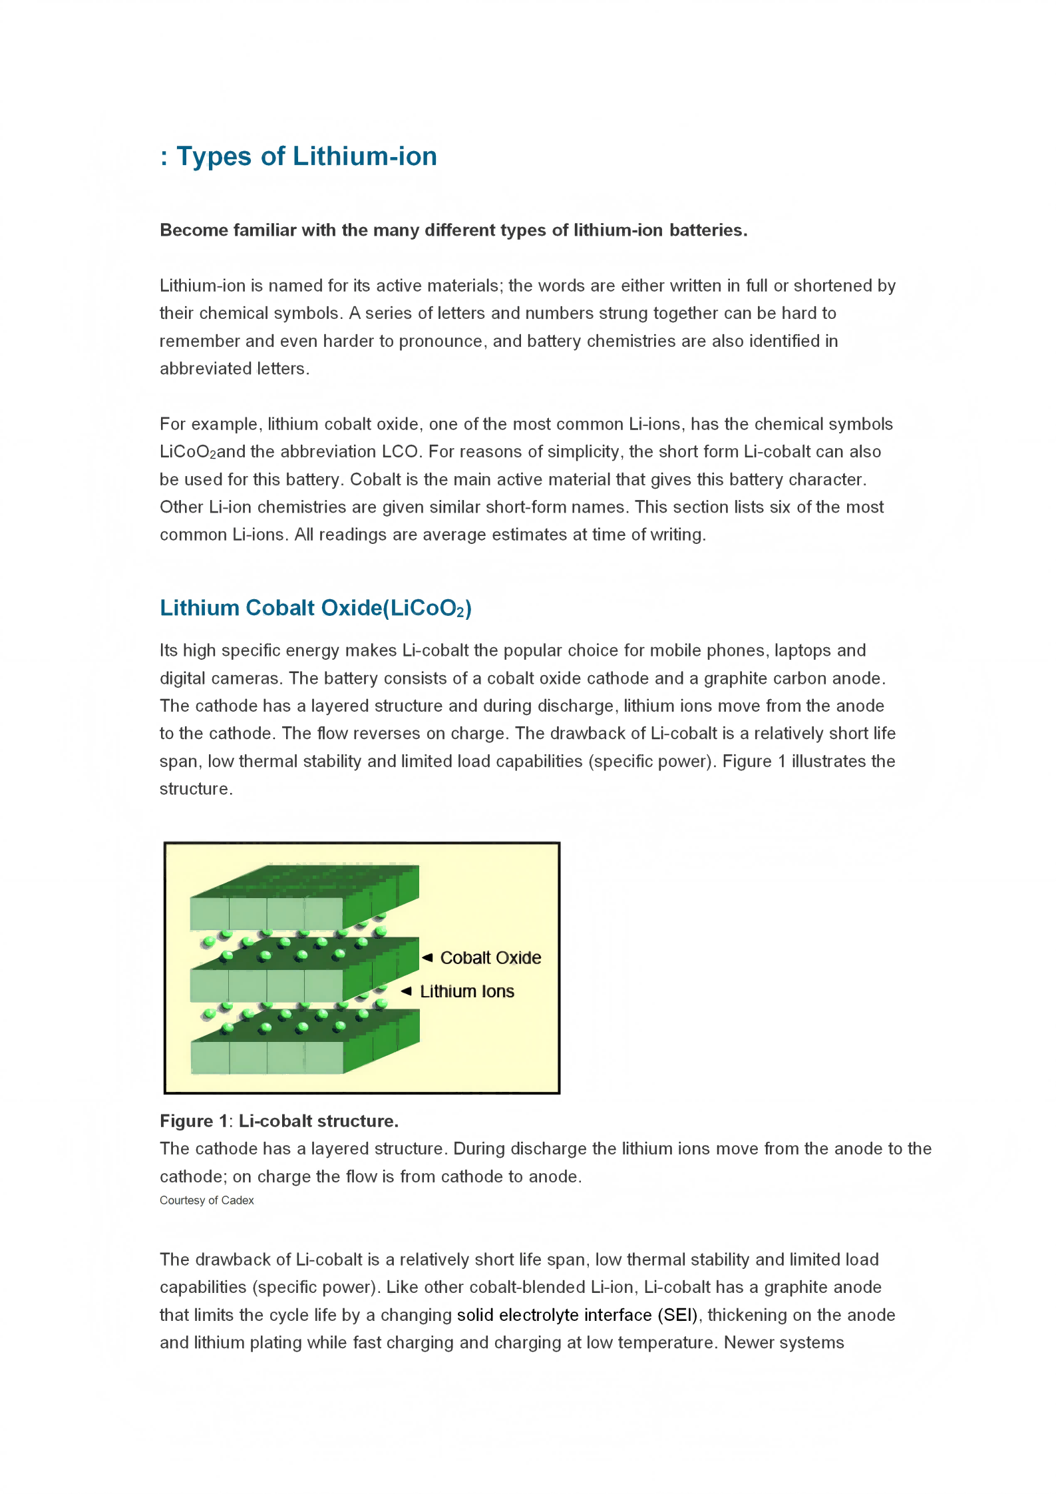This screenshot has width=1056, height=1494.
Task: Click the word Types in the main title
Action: pyautogui.click(x=214, y=157)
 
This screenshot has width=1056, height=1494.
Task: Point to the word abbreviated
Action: pyautogui.click(x=206, y=369)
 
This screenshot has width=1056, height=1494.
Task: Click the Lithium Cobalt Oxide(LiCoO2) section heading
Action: pyautogui.click(x=315, y=609)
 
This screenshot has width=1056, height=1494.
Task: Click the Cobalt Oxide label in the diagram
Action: pyautogui.click(x=490, y=958)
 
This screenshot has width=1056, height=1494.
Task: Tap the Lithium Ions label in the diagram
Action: pyautogui.click(x=467, y=992)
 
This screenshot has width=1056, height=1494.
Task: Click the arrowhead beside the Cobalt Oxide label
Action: pyautogui.click(x=427, y=957)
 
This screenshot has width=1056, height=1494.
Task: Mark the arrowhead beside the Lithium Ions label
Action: pyautogui.click(x=407, y=991)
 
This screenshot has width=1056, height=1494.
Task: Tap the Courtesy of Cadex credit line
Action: pyautogui.click(x=206, y=1200)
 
